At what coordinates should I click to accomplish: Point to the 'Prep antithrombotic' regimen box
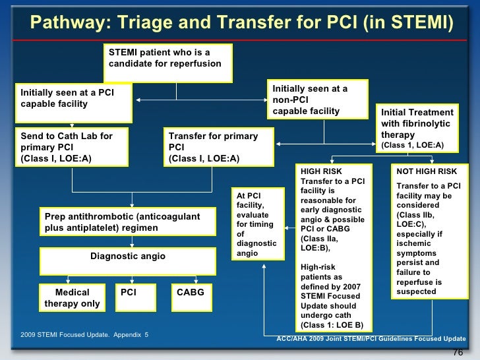point(128,222)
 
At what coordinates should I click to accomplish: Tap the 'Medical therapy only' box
point(72,297)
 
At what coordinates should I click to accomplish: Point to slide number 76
point(459,353)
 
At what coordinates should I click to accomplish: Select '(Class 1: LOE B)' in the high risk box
point(331,325)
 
